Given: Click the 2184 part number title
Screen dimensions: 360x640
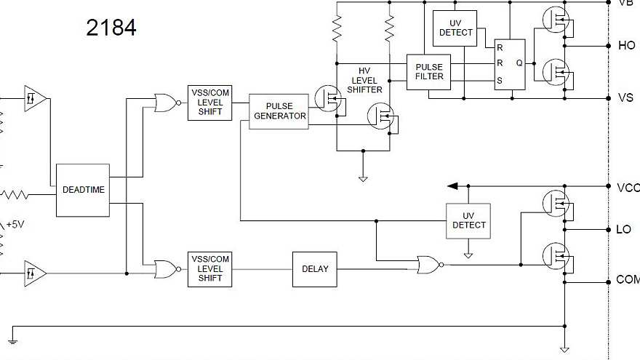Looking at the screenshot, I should tap(111, 28).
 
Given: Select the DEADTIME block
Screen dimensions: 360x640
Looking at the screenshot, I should tap(83, 190).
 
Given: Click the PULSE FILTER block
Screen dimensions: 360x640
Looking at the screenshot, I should tap(428, 72).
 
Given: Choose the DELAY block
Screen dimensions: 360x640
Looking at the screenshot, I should tap(315, 268).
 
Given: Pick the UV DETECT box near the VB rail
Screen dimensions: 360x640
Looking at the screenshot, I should tap(455, 28).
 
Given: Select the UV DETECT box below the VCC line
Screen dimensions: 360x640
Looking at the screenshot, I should tap(468, 220).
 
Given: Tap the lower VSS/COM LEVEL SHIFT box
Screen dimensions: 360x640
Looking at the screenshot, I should tap(209, 268).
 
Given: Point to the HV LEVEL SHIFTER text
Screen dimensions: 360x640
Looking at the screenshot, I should tap(364, 80).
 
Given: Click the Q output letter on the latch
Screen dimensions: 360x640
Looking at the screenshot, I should tap(519, 63).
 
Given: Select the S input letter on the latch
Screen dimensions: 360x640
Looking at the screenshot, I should tap(499, 80).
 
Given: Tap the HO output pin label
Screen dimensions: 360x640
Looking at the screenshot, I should tap(625, 46).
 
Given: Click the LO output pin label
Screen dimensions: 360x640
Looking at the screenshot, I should tap(623, 230).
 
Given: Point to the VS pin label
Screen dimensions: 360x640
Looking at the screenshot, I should tap(625, 98).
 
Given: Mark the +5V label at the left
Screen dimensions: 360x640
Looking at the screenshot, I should tap(15, 225).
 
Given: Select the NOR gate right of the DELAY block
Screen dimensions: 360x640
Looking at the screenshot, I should tap(429, 265).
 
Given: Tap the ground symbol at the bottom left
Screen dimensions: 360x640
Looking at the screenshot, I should tap(12, 338).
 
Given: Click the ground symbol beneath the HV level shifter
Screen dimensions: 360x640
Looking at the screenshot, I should tap(363, 177).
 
